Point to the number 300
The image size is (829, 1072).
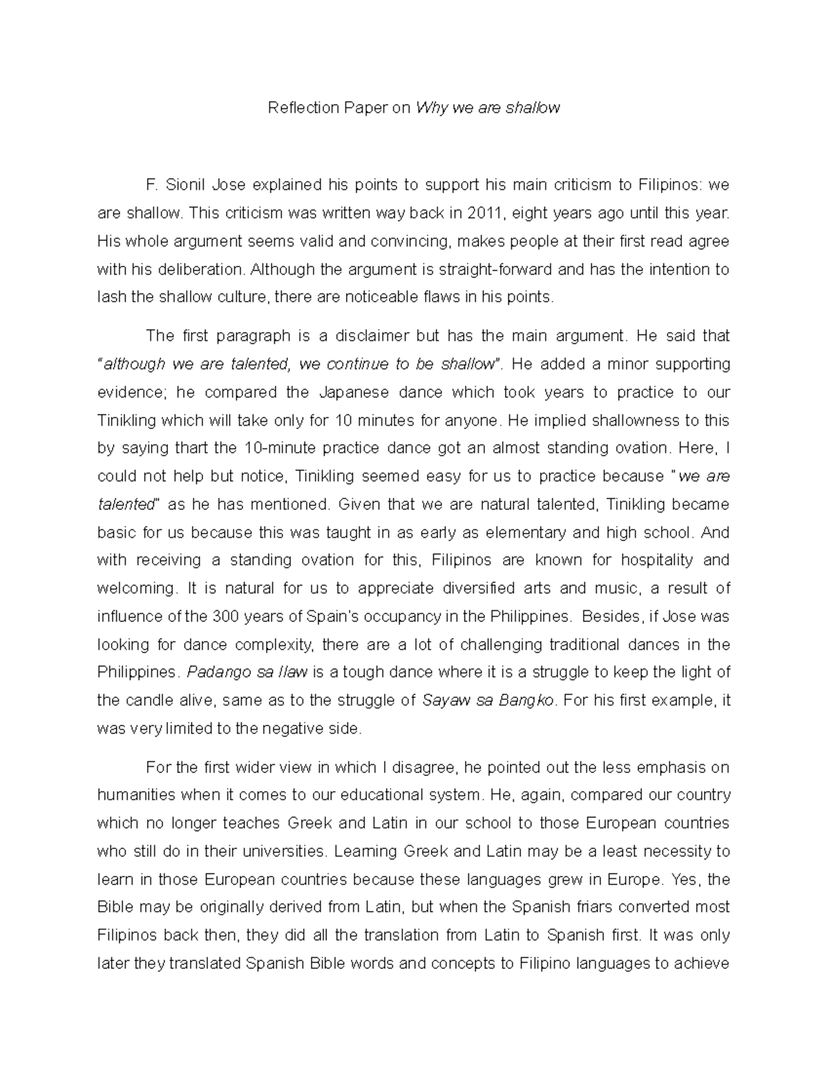click(225, 616)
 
